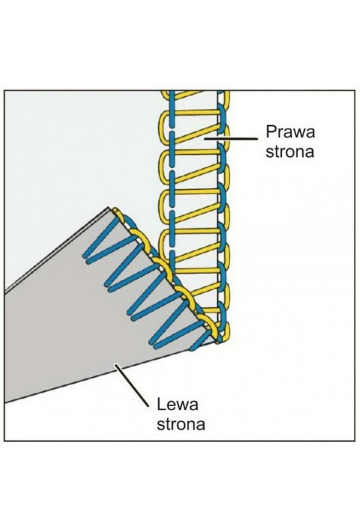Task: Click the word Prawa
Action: (x=290, y=131)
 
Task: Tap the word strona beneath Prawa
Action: (x=290, y=152)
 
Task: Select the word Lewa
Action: (x=177, y=405)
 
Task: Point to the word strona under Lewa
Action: (x=181, y=424)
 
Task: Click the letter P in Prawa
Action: (x=271, y=131)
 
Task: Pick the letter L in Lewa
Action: (x=161, y=405)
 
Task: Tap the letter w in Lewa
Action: (x=182, y=406)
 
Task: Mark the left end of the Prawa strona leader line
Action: (x=204, y=139)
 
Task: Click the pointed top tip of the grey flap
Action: (x=109, y=207)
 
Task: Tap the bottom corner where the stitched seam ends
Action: (x=217, y=342)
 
